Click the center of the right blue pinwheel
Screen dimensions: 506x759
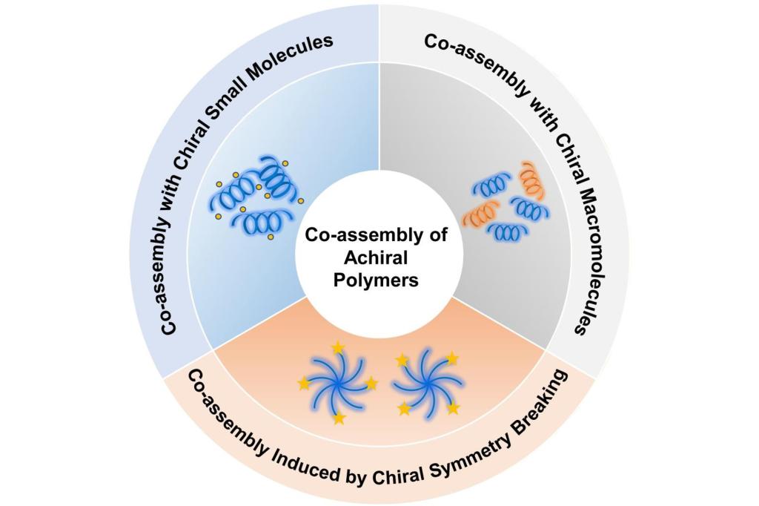428,384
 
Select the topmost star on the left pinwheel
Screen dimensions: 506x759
339,347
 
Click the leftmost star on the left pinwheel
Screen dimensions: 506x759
304,384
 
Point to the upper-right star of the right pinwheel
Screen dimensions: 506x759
452,359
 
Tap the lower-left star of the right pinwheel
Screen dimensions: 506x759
404,409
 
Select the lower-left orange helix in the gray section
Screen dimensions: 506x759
480,214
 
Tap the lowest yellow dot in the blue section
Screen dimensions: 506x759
271,237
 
